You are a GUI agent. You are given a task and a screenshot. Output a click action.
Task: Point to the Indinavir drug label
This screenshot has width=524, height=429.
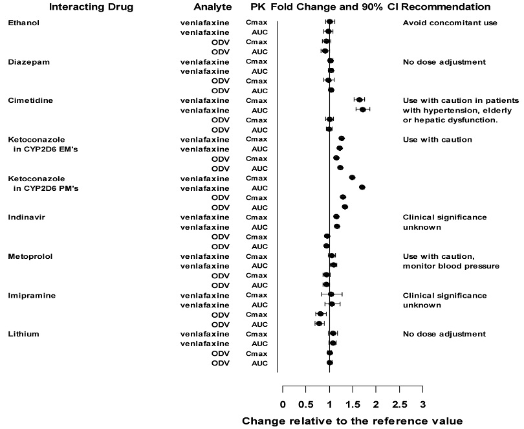[25, 217]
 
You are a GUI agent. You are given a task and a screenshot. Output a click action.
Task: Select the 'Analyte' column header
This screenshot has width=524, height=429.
[213, 6]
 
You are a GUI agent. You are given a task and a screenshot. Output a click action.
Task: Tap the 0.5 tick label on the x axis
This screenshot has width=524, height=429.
[306, 405]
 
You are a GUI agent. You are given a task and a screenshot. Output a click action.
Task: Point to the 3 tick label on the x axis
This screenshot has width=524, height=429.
[422, 405]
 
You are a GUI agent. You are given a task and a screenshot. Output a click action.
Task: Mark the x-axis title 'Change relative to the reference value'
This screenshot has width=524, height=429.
[352, 421]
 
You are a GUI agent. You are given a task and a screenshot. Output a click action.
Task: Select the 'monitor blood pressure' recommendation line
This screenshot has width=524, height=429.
[450, 266]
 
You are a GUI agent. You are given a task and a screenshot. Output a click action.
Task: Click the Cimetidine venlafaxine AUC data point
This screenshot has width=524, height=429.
[362, 109]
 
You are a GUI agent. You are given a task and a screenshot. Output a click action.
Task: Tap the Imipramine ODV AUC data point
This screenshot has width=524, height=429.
[319, 324]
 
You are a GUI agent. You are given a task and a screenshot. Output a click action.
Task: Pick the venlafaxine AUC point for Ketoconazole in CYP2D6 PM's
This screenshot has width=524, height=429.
[362, 188]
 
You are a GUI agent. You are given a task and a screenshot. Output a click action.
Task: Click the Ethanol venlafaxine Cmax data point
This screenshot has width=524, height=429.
[329, 22]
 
